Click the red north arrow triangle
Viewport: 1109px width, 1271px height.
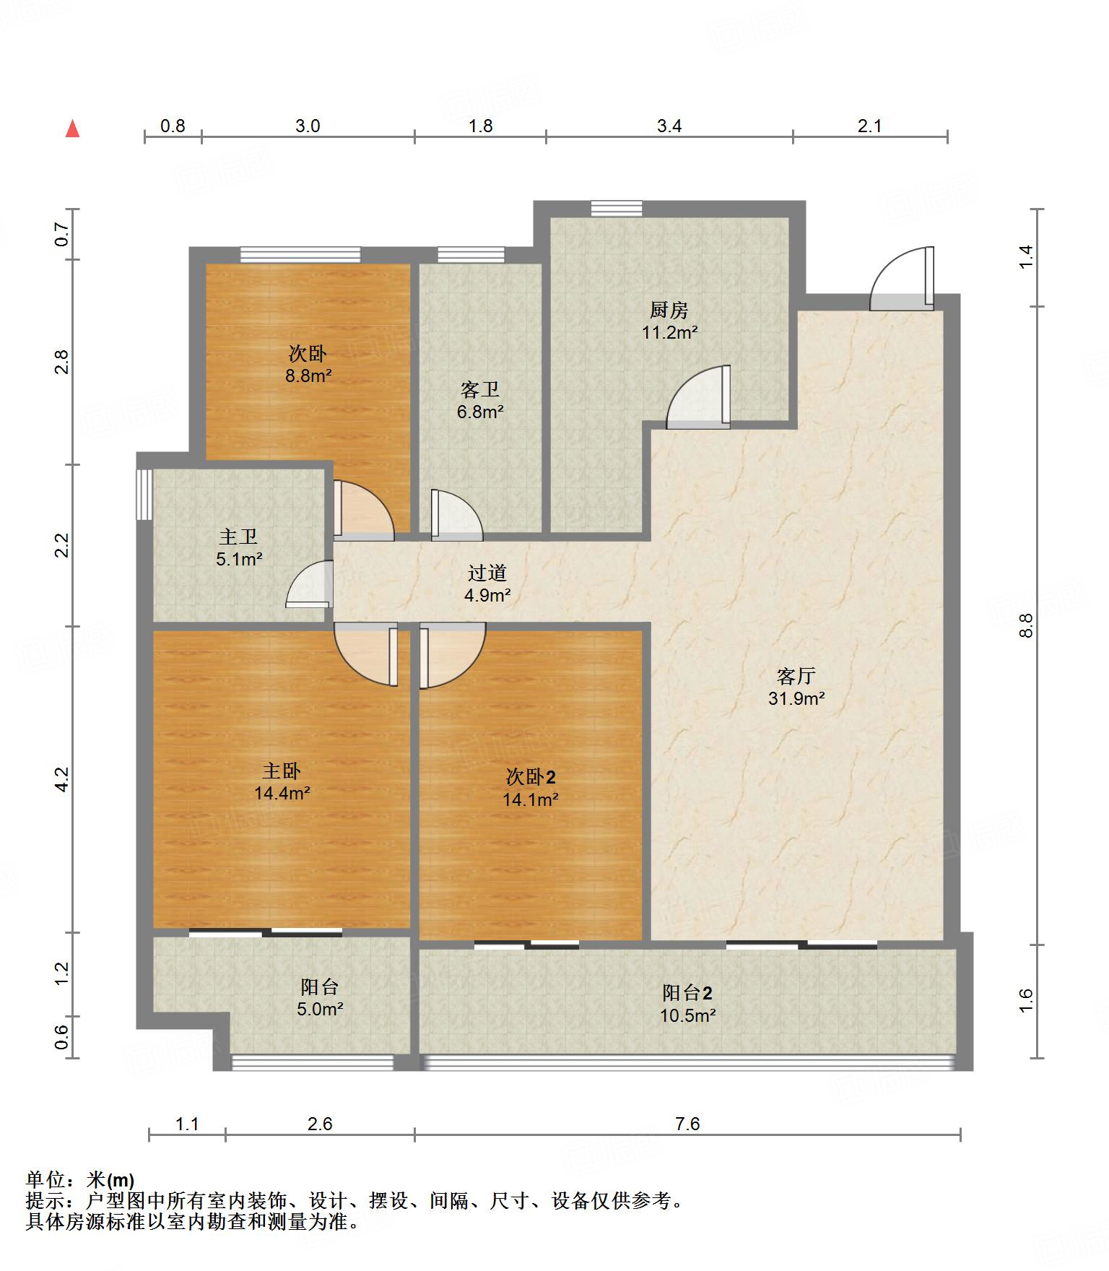coord(72,129)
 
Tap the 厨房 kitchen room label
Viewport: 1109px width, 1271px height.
coord(669,311)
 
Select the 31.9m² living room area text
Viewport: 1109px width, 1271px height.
coord(796,698)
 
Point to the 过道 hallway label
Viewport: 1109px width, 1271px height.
coord(487,573)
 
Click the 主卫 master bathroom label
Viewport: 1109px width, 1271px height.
coord(238,537)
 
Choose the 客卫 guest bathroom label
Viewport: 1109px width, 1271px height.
coord(480,390)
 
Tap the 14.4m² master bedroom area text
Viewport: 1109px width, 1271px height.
coord(282,794)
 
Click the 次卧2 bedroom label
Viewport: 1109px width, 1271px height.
coord(531,777)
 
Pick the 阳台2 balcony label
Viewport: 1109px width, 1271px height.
coord(687,993)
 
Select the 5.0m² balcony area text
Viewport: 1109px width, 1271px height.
coord(320,1009)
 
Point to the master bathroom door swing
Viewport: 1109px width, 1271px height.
coord(310,584)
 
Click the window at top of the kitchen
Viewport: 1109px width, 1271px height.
coord(616,208)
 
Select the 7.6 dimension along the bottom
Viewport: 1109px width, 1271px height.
coord(688,1124)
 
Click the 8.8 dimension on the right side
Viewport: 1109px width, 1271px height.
coord(1026,625)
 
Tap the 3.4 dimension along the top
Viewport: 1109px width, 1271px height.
coord(669,126)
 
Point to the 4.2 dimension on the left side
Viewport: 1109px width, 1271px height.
coord(62,779)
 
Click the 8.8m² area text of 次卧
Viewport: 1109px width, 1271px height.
coord(308,376)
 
